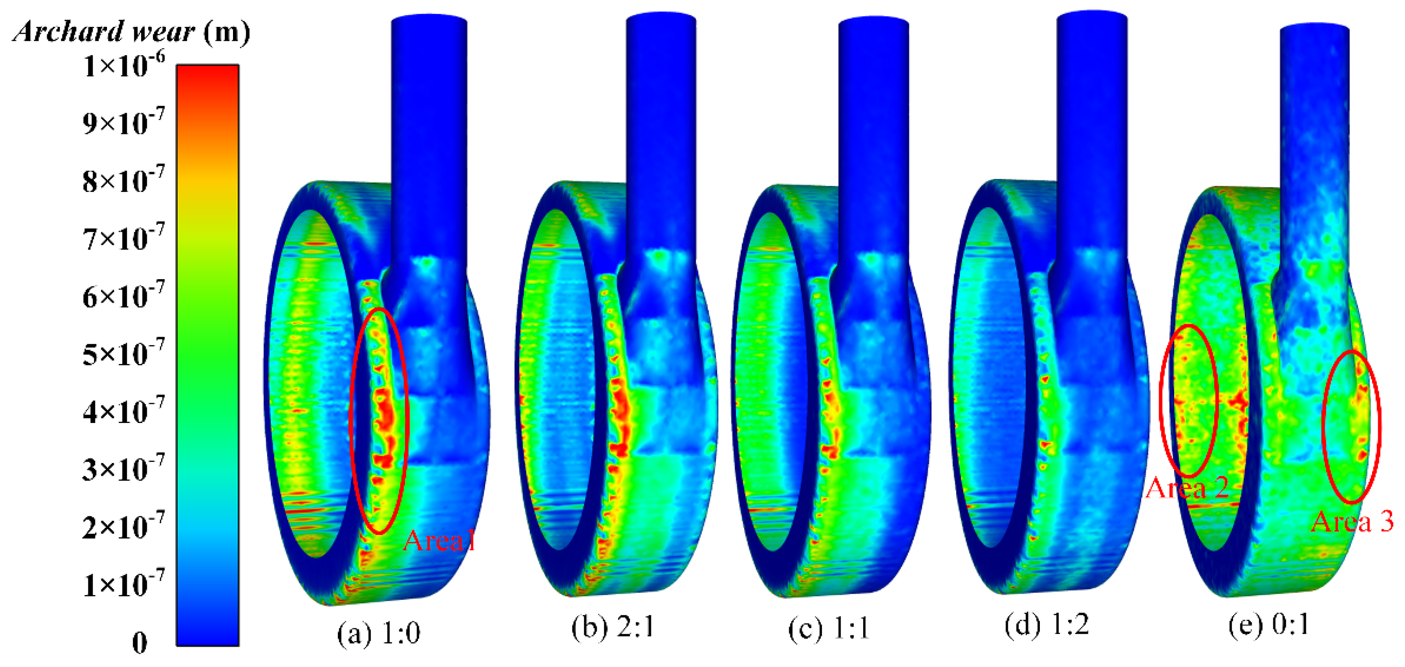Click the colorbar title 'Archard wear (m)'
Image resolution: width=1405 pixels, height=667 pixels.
(131, 31)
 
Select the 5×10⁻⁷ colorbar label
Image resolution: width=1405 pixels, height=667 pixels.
(123, 354)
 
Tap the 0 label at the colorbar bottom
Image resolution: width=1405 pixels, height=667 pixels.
(139, 642)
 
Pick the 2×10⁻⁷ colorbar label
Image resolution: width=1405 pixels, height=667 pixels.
(123, 527)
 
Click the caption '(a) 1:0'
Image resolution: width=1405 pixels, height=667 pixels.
(379, 634)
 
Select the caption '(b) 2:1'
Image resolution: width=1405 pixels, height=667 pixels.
(612, 627)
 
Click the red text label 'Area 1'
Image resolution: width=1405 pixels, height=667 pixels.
(440, 540)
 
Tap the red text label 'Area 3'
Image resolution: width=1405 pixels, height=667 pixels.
(1352, 521)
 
